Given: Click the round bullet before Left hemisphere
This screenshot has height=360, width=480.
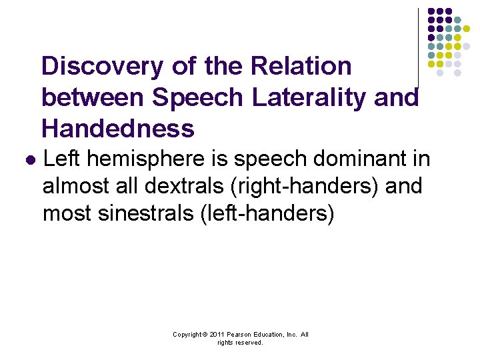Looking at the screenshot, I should point(29,161).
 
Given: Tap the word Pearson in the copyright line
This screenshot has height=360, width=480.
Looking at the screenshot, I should point(237,335).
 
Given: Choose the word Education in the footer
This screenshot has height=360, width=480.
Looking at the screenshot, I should point(267,335).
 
